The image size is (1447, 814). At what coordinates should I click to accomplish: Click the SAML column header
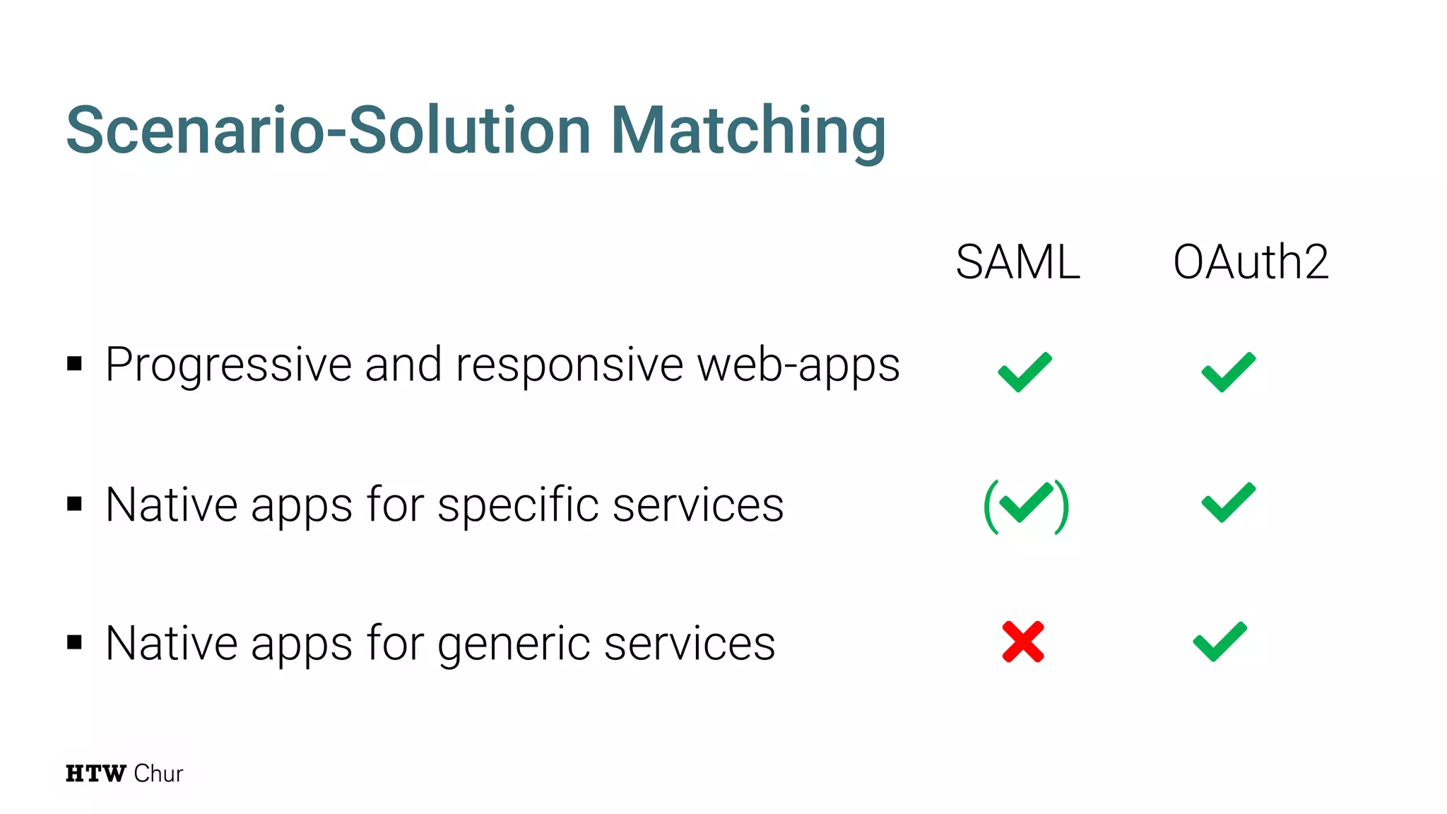point(1017,262)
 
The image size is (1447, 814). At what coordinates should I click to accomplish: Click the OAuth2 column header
point(1251,262)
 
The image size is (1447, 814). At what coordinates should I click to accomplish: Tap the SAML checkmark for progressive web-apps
point(1024,372)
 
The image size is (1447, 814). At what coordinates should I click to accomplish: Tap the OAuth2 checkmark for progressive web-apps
point(1229,372)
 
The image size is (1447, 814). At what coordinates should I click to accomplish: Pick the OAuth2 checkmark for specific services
point(1229,502)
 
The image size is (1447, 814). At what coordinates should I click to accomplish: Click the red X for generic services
point(1023,642)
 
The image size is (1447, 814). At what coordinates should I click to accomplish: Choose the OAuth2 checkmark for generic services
point(1220,642)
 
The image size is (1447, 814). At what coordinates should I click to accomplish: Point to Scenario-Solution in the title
point(329,131)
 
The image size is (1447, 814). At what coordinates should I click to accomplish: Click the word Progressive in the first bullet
point(228,366)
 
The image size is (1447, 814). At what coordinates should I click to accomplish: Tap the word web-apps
point(798,366)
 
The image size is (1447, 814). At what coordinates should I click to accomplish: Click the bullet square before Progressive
point(75,365)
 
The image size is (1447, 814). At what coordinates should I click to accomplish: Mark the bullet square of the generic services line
point(75,642)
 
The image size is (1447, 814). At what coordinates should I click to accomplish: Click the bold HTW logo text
point(96,774)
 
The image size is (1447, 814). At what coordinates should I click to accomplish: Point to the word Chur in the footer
point(158,774)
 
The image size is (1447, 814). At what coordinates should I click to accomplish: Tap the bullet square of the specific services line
point(75,504)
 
